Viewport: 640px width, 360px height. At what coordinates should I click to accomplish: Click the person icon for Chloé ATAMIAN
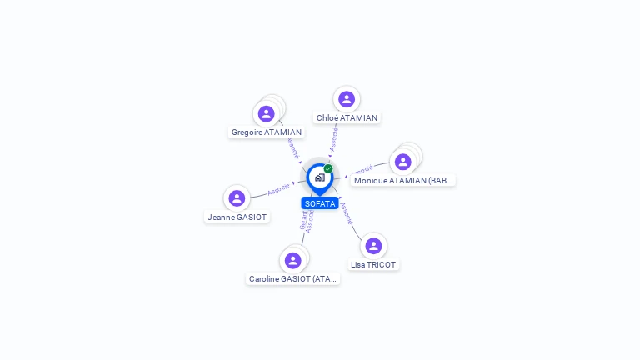coord(347,99)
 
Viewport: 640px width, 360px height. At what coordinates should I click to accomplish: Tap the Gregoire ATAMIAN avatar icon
coord(267,113)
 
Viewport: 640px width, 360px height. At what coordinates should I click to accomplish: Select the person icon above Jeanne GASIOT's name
coord(237,198)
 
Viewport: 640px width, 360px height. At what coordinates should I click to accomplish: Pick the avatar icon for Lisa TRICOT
coord(373,246)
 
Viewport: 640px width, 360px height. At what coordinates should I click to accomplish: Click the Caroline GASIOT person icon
coord(292,260)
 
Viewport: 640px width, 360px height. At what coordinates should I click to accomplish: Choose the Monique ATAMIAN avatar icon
coord(403,162)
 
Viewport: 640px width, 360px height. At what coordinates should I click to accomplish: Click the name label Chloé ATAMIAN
coord(347,118)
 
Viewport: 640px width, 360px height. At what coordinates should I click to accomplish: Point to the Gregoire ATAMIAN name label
coord(267,132)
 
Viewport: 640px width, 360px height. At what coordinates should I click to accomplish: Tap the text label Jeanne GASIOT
coord(237,217)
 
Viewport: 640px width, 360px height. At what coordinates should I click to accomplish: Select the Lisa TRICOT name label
coord(373,265)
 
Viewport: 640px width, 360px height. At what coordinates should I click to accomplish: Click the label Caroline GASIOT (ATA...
coord(292,279)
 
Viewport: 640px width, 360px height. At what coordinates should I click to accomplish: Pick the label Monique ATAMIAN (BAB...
coord(403,181)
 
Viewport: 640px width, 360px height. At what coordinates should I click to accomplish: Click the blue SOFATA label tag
coord(320,203)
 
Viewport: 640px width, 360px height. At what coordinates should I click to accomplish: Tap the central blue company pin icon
coord(319,177)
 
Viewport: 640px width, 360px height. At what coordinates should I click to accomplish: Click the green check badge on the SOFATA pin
coord(328,168)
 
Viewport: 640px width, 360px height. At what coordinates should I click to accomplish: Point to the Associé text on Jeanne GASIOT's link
coord(278,188)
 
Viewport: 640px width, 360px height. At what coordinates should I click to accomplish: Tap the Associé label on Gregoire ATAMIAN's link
coord(292,147)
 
